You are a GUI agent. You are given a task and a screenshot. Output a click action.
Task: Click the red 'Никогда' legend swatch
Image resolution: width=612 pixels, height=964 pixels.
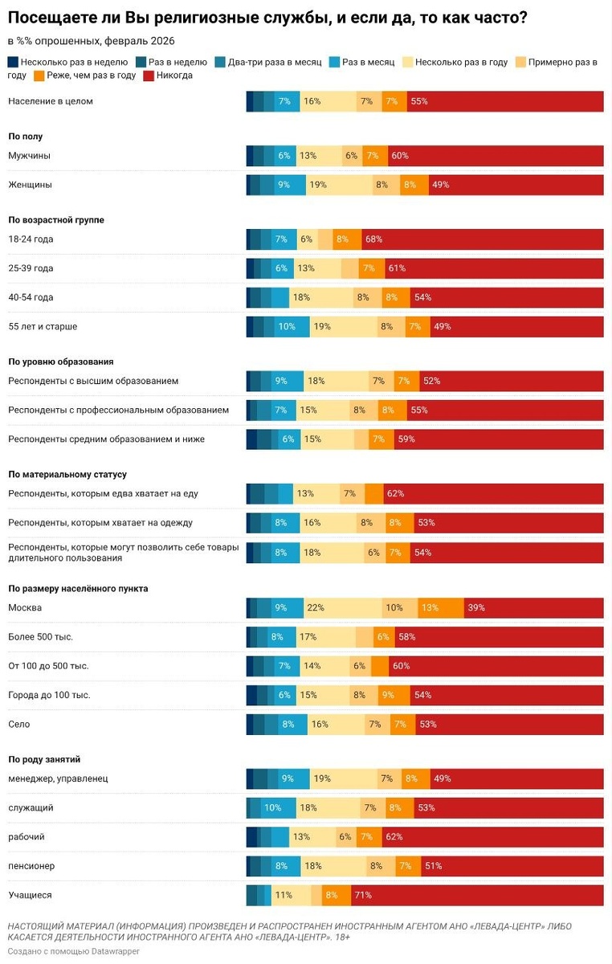point(148,76)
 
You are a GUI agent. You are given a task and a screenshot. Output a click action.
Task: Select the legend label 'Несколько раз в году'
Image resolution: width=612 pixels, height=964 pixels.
point(462,62)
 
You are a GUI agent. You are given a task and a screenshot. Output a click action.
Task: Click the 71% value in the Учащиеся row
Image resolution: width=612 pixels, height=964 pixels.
point(363,895)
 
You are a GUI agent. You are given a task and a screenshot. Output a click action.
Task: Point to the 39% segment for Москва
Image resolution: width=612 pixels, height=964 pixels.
point(476,608)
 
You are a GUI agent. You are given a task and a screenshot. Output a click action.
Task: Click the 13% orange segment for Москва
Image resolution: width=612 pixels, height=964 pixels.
point(430,608)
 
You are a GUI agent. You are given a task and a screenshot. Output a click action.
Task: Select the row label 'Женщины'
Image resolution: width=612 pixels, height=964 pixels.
point(30,185)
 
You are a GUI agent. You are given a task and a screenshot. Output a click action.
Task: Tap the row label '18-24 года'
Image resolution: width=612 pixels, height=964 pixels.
point(31,239)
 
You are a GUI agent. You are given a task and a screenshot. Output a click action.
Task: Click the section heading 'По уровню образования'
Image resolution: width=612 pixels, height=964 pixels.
point(61,361)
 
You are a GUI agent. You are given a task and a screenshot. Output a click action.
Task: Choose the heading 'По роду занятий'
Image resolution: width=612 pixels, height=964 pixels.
point(44,759)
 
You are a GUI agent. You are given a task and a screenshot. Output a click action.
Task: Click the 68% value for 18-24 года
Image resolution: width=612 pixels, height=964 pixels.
point(373,239)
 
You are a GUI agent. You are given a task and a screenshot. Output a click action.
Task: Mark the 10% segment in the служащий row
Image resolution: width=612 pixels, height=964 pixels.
point(273,807)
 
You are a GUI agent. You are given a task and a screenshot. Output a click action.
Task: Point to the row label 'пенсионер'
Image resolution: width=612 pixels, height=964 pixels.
point(31,866)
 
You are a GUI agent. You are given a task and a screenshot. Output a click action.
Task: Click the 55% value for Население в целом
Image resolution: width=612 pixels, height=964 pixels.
point(418,101)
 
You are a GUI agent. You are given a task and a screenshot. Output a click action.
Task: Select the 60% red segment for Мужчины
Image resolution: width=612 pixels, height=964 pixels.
point(399,156)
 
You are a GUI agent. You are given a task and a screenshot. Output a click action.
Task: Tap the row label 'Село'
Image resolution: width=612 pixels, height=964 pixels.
point(19,724)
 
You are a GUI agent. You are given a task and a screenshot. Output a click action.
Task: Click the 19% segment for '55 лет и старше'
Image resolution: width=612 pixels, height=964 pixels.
point(322,327)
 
